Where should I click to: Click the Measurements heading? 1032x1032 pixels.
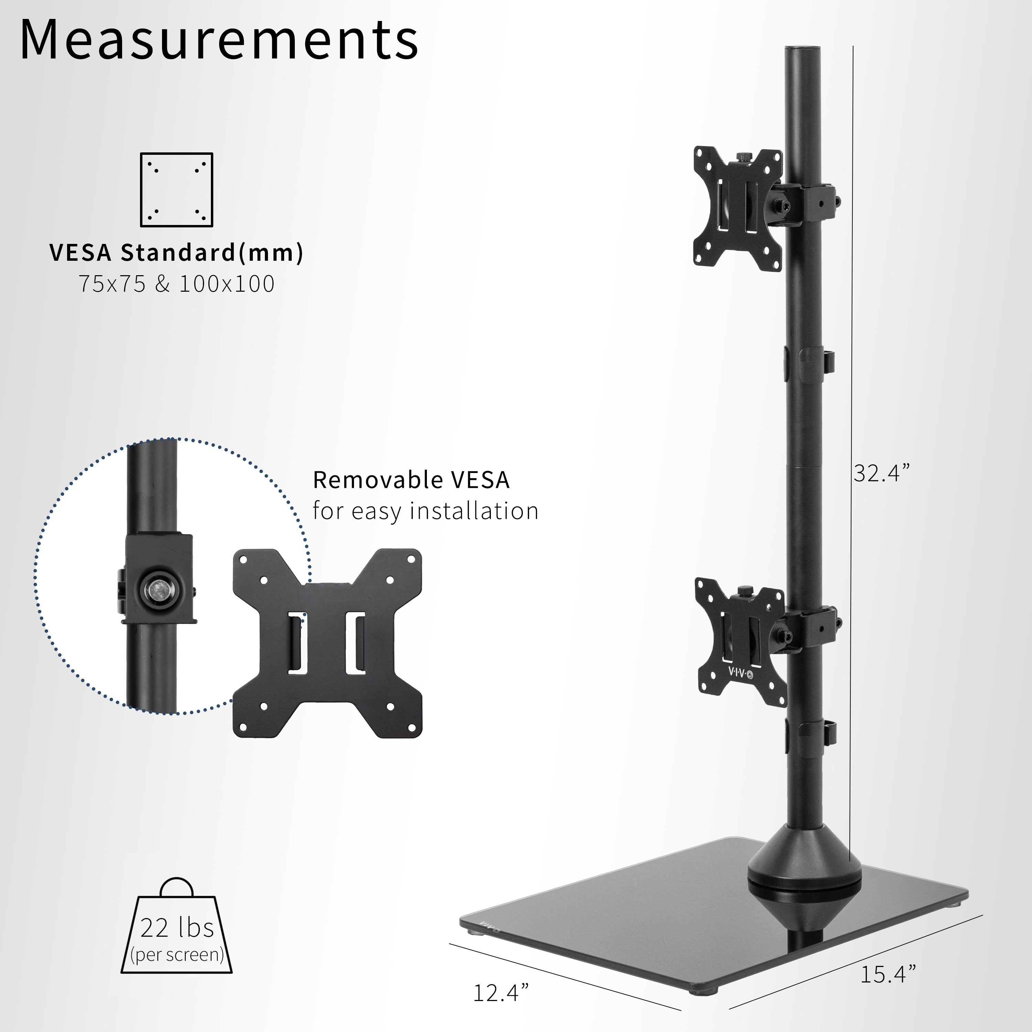coord(219,40)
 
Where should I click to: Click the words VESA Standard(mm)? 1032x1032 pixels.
coord(176,252)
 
